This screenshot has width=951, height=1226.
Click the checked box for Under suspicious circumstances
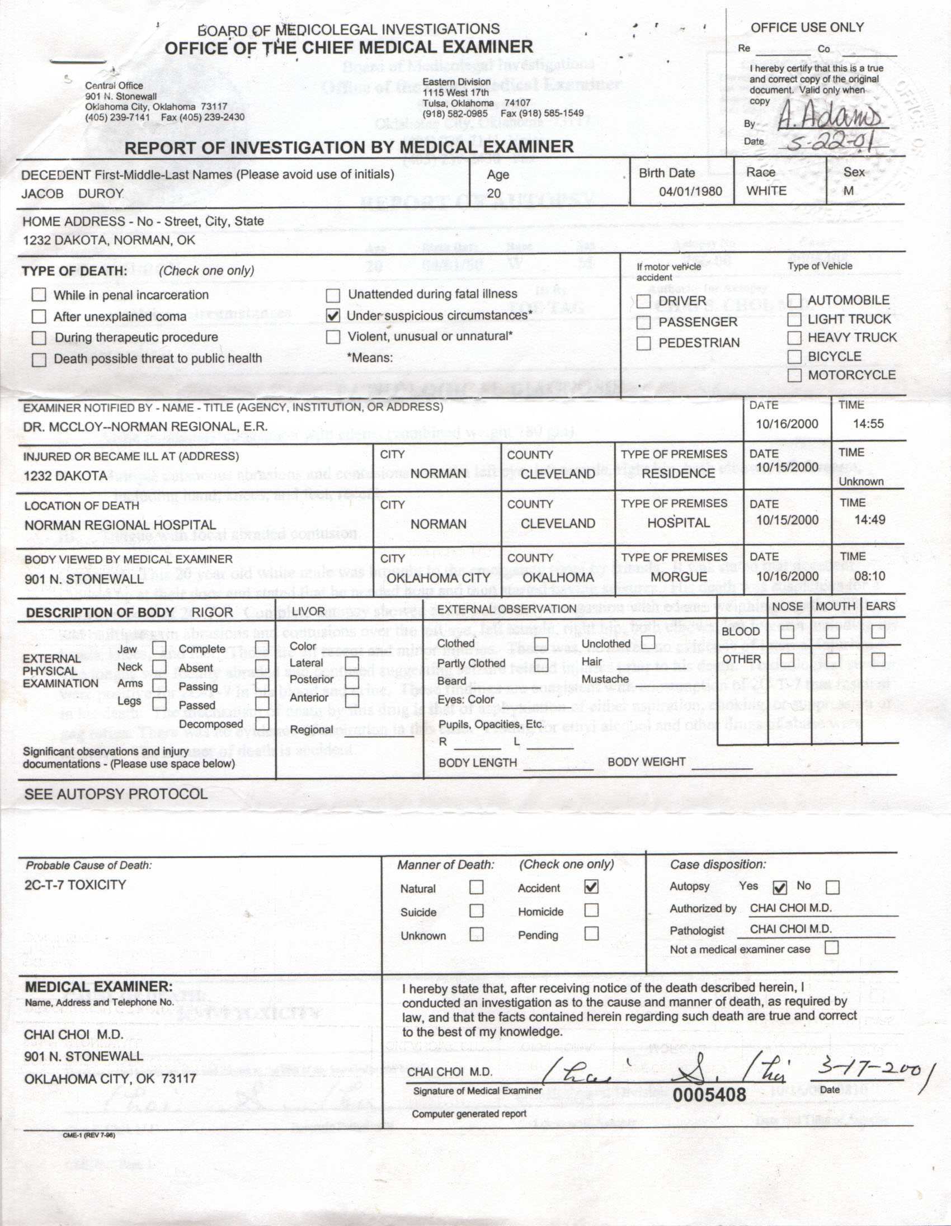(333, 315)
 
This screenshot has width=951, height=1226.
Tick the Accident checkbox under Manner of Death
(591, 887)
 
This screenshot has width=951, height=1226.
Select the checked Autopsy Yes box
(780, 887)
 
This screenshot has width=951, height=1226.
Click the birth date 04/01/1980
(690, 191)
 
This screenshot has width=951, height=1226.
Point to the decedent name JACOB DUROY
(72, 194)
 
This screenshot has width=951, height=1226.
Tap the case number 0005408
(709, 1095)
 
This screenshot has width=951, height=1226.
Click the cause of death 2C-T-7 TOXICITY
(75, 885)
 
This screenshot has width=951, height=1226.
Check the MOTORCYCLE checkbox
(794, 375)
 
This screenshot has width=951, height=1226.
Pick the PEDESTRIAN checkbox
(644, 343)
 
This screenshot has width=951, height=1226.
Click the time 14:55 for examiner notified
(868, 425)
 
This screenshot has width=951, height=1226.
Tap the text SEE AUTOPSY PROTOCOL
(116, 794)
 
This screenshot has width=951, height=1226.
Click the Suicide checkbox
(476, 910)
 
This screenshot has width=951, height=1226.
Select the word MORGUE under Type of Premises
(678, 577)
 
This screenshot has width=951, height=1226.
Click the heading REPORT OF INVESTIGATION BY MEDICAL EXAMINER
(349, 148)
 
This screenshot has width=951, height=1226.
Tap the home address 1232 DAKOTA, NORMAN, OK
(109, 241)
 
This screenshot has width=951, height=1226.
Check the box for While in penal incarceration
(39, 295)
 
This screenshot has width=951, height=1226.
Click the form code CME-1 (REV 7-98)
(89, 1135)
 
